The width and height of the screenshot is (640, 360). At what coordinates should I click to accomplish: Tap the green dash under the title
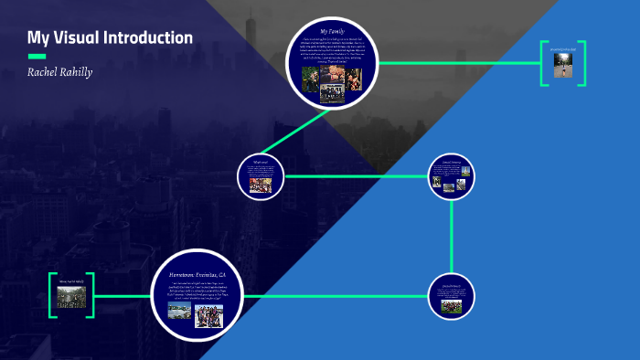pyautogui.click(x=37, y=56)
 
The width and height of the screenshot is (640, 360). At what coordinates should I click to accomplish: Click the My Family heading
pyautogui.click(x=333, y=32)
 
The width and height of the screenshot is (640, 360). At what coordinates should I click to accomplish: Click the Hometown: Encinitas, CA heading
pyautogui.click(x=197, y=274)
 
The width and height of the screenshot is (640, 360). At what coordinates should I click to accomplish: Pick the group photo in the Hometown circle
pyautogui.click(x=209, y=315)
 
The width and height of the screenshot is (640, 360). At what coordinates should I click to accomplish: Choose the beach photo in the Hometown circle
pyautogui.click(x=180, y=311)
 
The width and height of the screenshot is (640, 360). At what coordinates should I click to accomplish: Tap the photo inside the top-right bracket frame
pyautogui.click(x=563, y=65)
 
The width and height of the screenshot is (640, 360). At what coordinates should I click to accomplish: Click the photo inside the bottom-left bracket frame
pyautogui.click(x=71, y=296)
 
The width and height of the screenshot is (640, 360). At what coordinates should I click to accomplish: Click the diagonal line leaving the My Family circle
pyautogui.click(x=295, y=132)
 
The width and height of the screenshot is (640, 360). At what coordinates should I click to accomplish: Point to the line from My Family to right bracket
pyautogui.click(x=457, y=63)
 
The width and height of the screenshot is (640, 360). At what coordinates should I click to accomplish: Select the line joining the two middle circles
pyautogui.click(x=357, y=175)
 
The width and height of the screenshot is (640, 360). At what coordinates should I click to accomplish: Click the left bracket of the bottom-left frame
pyautogui.click(x=53, y=295)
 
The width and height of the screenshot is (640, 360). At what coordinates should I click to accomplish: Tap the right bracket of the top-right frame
pyautogui.click(x=582, y=63)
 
